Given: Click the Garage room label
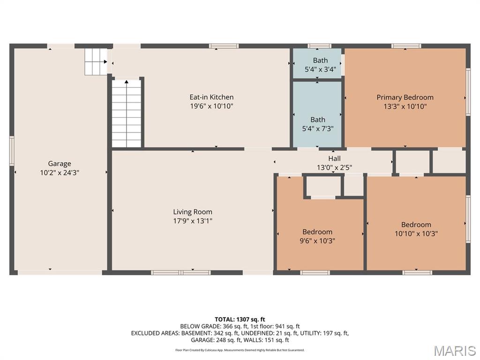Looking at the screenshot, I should click(60, 164).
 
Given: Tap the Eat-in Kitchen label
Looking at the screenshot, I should click(211, 97).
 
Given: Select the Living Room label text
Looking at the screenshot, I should click(193, 212).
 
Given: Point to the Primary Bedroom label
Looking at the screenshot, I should click(405, 97).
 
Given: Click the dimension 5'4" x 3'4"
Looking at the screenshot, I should click(321, 69).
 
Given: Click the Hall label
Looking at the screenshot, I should click(335, 158).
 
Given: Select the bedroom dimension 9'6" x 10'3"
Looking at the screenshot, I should click(317, 241).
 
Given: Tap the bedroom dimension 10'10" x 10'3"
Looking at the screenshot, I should click(416, 233).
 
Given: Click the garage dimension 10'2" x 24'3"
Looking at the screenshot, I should click(60, 172).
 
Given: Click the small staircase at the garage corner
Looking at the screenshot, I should click(96, 61).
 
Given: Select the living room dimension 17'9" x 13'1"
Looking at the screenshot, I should click(193, 221).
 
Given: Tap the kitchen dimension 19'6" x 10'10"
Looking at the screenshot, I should click(211, 106).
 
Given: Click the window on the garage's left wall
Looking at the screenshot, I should click(12, 151).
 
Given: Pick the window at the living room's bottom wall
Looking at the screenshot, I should click(180, 272).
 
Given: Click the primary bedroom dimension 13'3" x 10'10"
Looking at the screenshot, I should click(405, 106).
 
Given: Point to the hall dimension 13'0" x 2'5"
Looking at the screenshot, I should click(335, 167).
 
